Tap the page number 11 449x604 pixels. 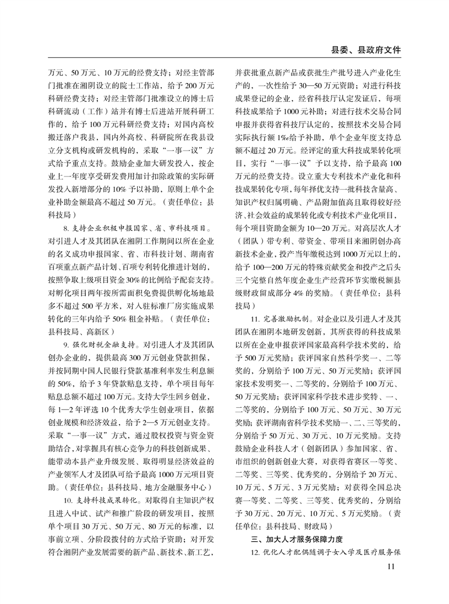tap(392, 567)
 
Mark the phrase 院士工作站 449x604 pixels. tap(145, 85)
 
